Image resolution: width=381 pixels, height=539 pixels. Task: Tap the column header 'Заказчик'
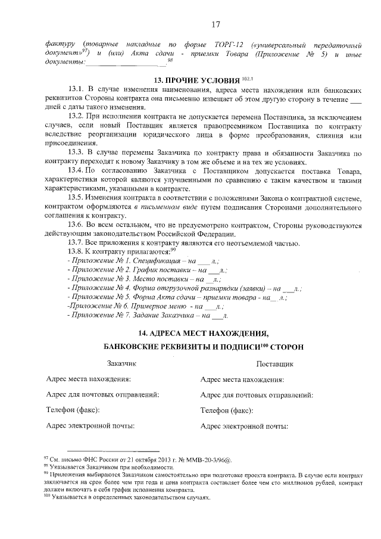122,363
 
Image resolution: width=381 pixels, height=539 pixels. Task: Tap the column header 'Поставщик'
274,363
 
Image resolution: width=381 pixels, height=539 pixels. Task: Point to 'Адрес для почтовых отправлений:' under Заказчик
103,394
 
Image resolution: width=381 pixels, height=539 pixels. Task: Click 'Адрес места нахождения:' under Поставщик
242,379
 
